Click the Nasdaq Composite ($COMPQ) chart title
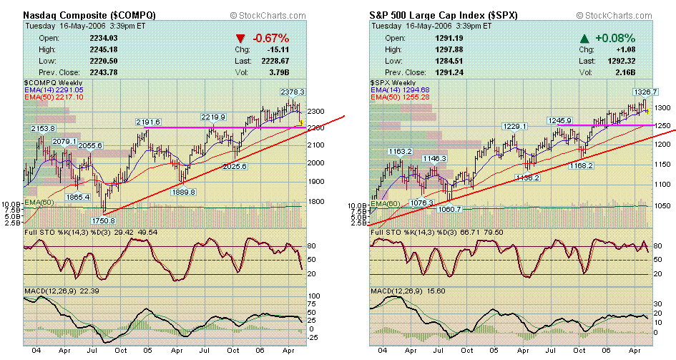(x=89, y=14)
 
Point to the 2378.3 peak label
(x=292, y=92)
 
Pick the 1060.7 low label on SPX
(x=449, y=209)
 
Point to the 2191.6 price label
(x=148, y=122)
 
